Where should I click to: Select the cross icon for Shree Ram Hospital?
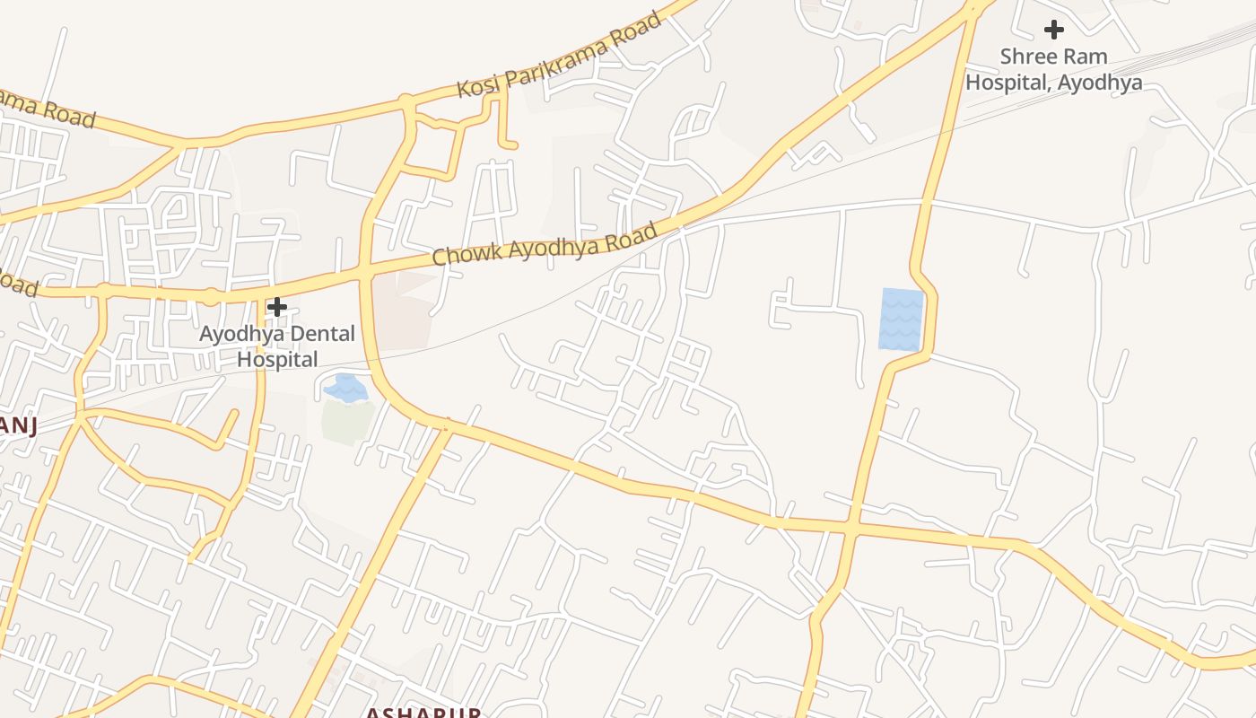click(x=1053, y=30)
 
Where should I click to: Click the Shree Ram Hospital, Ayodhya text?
click(x=1053, y=69)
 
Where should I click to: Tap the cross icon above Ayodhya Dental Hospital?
click(x=277, y=307)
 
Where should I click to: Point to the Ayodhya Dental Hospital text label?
click(x=277, y=346)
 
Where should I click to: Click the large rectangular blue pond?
click(x=902, y=319)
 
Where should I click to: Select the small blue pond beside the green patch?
click(x=345, y=388)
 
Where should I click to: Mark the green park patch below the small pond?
click(x=347, y=422)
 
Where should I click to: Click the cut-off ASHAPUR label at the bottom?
click(x=422, y=713)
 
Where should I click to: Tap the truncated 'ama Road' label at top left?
click(x=45, y=109)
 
